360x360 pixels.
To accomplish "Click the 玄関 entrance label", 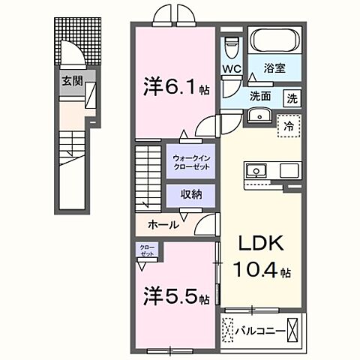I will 72,81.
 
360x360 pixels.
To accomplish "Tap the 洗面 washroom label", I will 259,96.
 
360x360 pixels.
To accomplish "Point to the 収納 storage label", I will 190,193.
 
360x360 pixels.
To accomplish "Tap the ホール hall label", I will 163,224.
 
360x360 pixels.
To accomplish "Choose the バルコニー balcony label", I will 260,329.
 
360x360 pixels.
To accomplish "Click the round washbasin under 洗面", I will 261,115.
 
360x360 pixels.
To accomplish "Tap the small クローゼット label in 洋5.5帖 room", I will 145,250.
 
